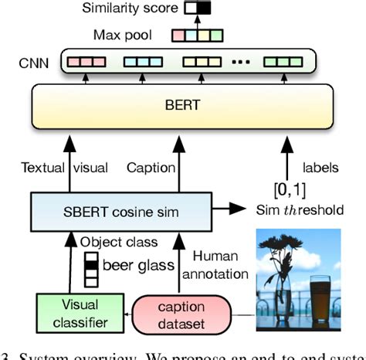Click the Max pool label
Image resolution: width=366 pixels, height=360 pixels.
click(124, 36)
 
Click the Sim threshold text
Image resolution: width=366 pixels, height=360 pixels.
click(300, 209)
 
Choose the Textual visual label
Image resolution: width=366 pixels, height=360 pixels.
click(65, 166)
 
